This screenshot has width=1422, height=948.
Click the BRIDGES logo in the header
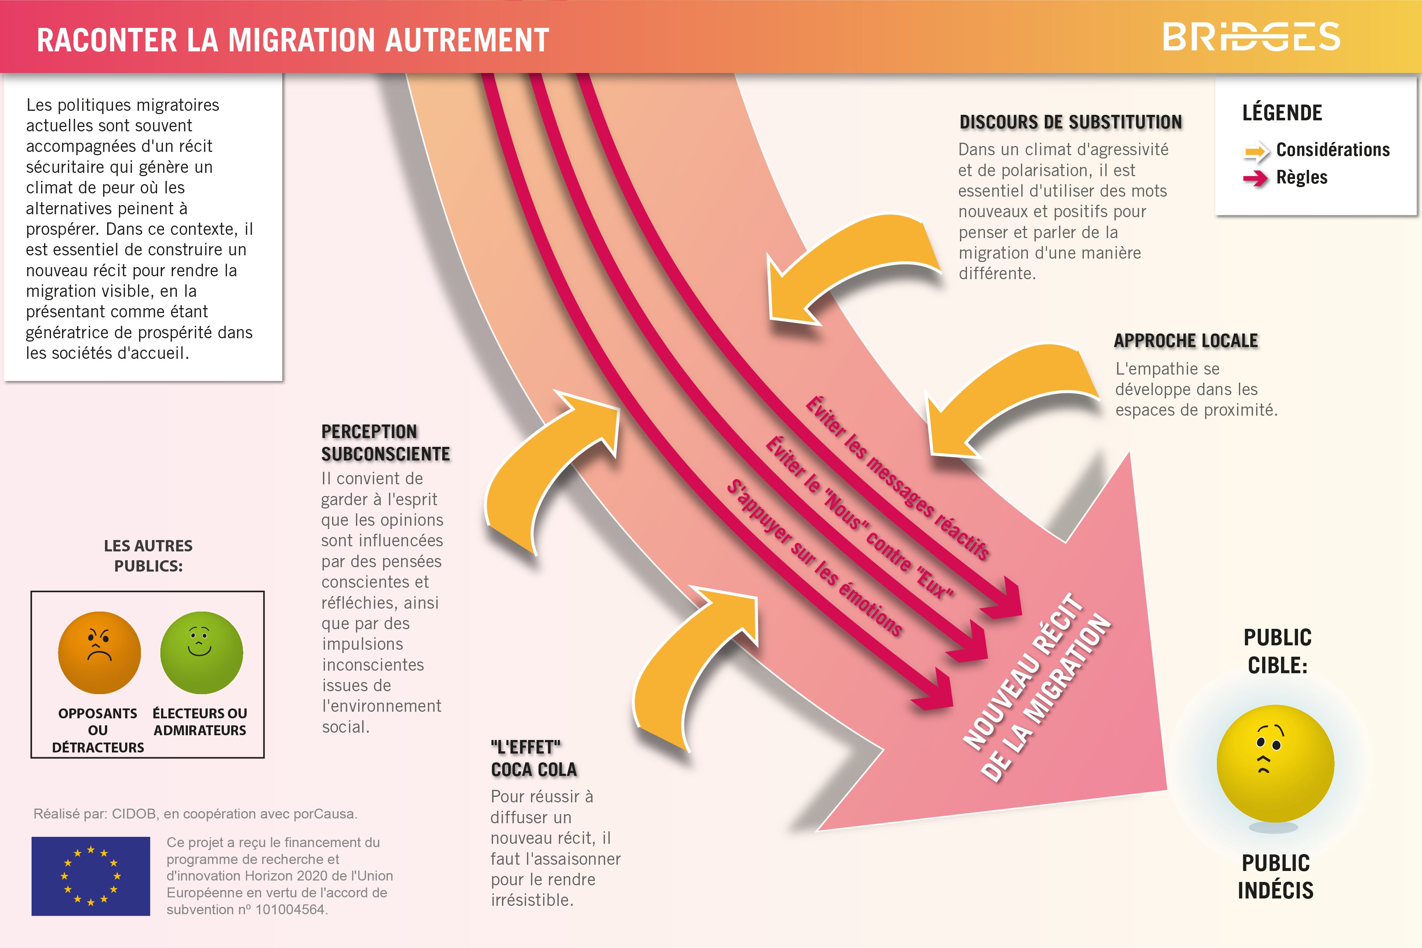[x=1251, y=37]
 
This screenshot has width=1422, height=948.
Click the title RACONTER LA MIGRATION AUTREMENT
[x=293, y=40]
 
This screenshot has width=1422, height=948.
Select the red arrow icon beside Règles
[x=1256, y=178]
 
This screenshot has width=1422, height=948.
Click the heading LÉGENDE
[x=1282, y=113]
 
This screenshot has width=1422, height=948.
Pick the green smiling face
[x=201, y=653]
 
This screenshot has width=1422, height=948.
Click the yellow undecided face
[x=1275, y=763]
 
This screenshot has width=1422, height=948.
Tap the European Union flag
[x=91, y=876]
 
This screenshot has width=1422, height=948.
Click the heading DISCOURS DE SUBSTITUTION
[x=1071, y=122]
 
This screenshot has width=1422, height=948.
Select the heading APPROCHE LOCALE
[x=1186, y=341]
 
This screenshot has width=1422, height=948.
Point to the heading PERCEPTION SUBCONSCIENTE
[x=386, y=442]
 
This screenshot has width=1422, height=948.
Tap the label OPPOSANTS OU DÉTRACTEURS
[x=98, y=730]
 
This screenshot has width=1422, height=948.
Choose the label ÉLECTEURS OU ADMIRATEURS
[x=200, y=722]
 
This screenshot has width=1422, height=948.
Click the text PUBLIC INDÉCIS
[x=1276, y=877]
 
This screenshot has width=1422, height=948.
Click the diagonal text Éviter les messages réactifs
[x=897, y=478]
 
